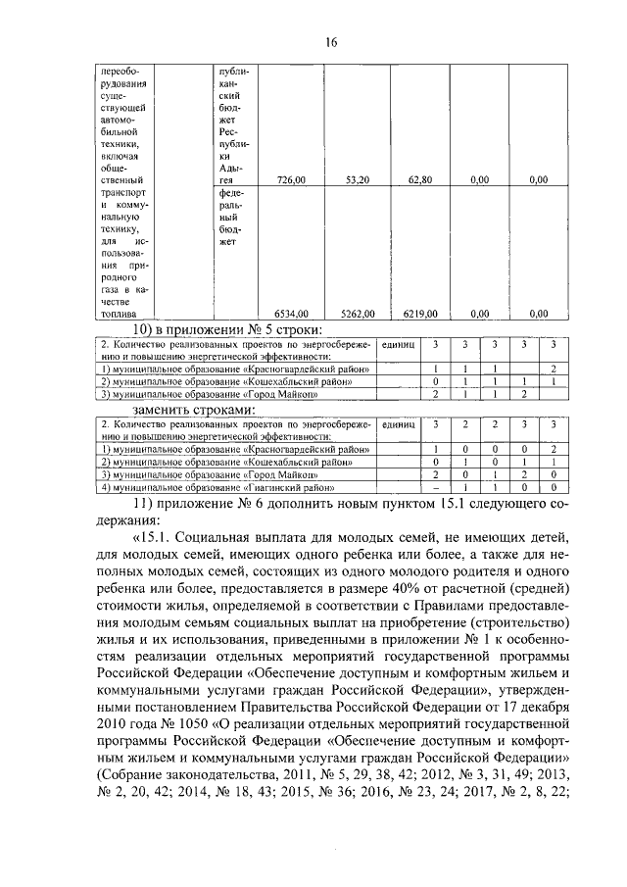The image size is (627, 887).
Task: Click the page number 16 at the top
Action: point(331,41)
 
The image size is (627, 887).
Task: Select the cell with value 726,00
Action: point(291,180)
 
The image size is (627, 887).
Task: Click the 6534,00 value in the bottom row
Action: point(292,314)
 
